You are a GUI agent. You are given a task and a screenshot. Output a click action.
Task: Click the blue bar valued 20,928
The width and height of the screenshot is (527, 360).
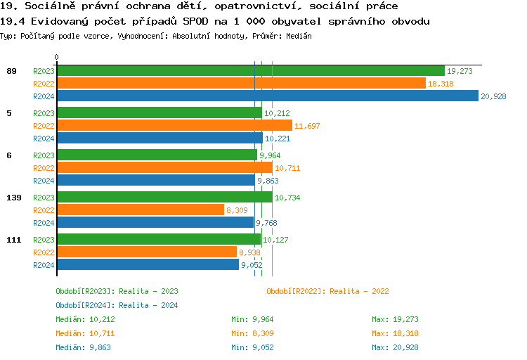[x=267, y=96]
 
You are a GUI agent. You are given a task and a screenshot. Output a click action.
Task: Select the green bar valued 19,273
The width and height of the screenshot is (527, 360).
[x=250, y=71]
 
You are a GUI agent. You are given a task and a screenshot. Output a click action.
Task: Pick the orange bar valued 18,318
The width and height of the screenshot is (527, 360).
[x=241, y=84]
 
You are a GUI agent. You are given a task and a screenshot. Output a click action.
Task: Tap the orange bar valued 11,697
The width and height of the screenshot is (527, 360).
[x=174, y=126]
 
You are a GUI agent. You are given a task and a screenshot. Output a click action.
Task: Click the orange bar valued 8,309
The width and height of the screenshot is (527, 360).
[x=140, y=210]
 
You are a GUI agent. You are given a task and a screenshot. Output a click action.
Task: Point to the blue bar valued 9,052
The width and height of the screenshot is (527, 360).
[x=148, y=265]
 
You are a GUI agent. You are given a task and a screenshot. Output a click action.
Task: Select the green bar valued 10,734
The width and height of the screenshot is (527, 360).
[x=164, y=198]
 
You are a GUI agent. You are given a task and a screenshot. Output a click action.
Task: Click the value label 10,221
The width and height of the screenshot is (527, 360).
[x=278, y=139]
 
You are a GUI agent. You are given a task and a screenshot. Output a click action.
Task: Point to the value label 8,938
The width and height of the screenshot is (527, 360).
[x=250, y=252]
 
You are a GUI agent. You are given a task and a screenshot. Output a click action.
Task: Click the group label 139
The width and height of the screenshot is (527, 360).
[x=13, y=198]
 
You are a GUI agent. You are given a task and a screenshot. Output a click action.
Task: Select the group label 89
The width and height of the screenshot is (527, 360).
[x=11, y=71]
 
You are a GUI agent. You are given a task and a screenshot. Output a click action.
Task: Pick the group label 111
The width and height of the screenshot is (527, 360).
[x=13, y=240]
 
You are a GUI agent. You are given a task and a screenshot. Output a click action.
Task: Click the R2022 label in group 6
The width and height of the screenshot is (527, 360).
[x=44, y=168]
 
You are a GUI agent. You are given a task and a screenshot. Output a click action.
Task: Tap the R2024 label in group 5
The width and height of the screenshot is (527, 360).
[x=44, y=139]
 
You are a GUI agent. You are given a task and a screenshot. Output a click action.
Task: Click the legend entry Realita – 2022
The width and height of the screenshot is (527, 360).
[x=327, y=291]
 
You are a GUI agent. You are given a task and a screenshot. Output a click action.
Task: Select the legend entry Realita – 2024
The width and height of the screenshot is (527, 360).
[x=117, y=305]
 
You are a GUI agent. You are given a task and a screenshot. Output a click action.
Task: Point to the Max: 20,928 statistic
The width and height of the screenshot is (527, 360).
[x=395, y=347]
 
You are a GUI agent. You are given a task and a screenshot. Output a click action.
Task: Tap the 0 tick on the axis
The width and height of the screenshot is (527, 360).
[x=56, y=57]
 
